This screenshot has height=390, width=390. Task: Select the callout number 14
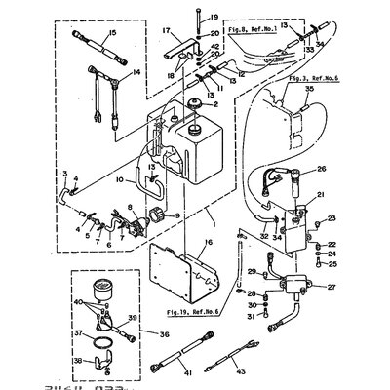(x=108, y=74)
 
